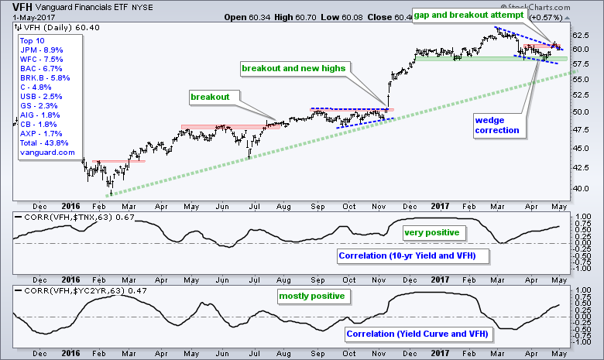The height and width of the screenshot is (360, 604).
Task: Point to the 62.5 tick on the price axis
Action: pos(584,35)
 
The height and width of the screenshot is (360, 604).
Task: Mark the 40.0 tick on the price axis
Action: pos(584,188)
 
